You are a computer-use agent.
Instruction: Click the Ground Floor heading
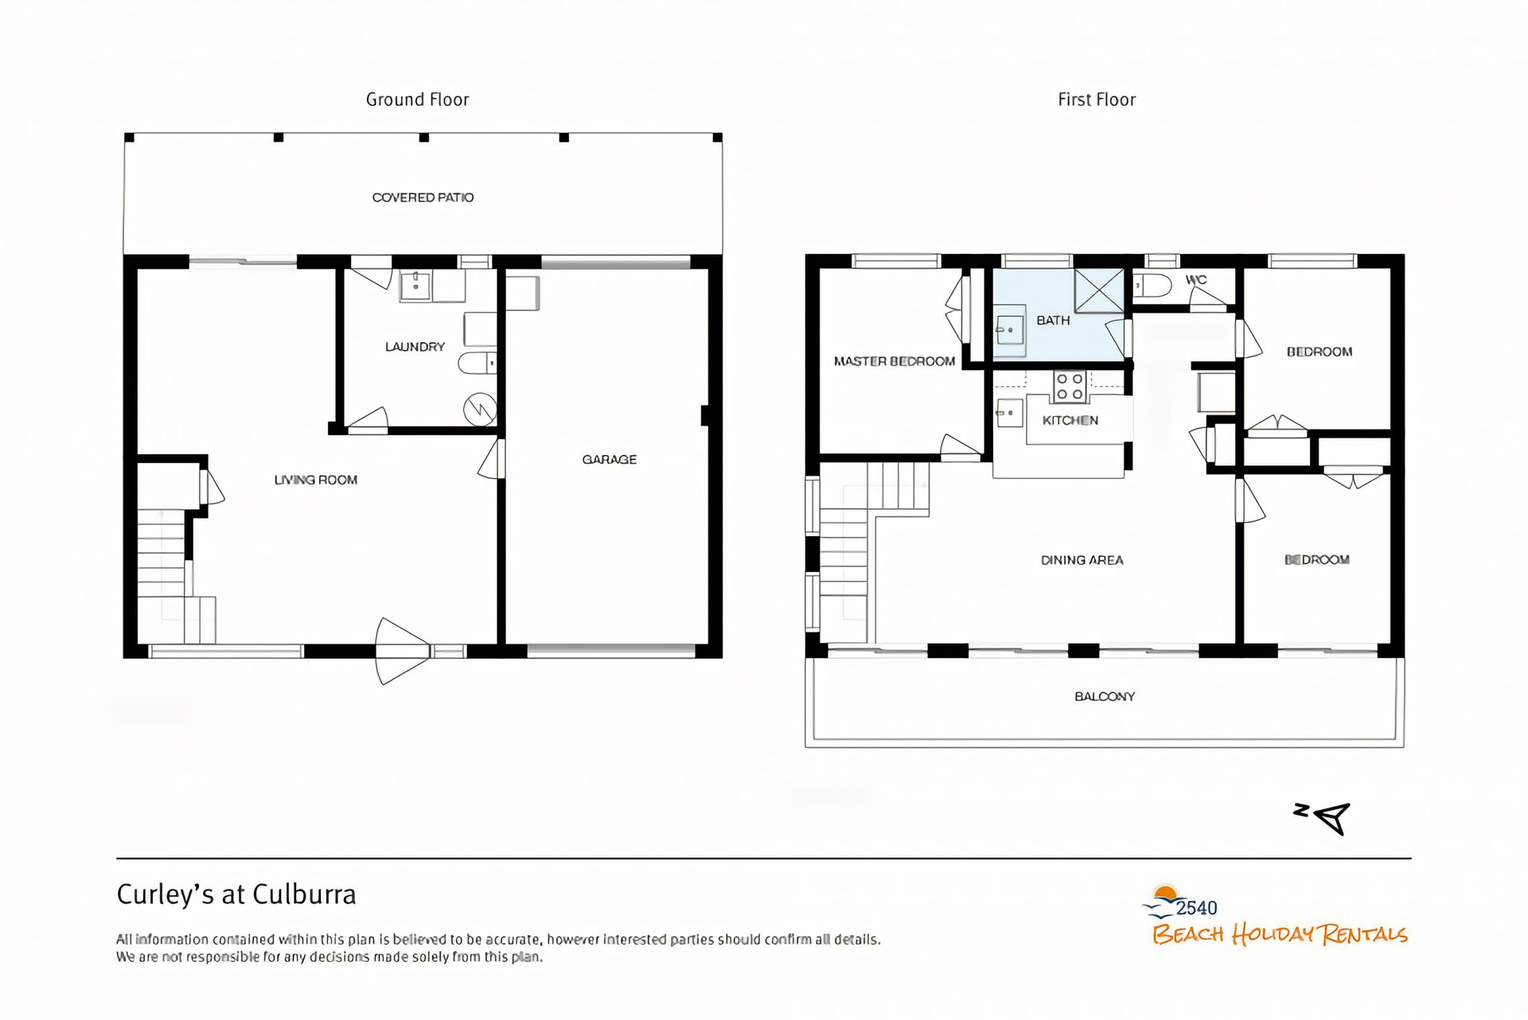click(417, 99)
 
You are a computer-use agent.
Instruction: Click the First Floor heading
click(1097, 99)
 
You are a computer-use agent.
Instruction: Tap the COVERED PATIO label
click(423, 197)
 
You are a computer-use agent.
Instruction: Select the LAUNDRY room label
click(415, 347)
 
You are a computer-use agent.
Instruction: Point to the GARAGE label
click(610, 459)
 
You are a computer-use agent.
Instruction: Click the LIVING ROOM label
click(316, 480)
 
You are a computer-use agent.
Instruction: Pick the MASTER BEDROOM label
click(895, 361)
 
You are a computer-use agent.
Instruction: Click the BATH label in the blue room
click(1053, 320)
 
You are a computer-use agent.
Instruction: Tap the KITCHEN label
click(1070, 420)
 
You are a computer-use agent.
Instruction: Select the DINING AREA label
click(1082, 560)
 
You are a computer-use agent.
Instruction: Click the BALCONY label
click(1105, 696)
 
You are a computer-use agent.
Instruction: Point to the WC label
click(1196, 280)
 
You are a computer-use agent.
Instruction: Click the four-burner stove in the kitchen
click(1070, 387)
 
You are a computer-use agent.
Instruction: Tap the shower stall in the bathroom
click(1098, 291)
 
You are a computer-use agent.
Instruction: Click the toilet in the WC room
click(1152, 286)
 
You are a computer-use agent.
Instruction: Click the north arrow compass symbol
click(1323, 818)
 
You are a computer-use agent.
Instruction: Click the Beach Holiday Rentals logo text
click(1280, 934)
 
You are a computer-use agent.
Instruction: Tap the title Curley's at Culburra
click(236, 895)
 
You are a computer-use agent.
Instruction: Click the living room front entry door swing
click(403, 652)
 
